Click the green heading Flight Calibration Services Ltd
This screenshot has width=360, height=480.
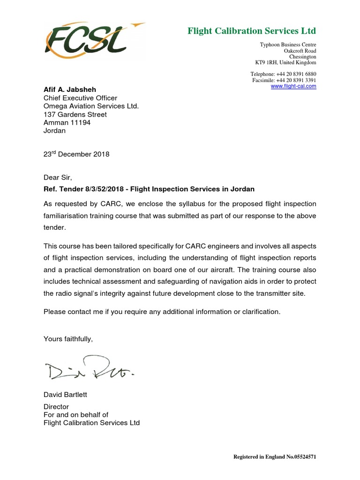click(x=252, y=31)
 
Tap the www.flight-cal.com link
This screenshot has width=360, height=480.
click(x=293, y=86)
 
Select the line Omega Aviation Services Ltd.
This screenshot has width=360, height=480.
click(x=91, y=106)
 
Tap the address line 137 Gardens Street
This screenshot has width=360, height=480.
click(x=75, y=114)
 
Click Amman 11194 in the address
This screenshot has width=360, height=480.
click(x=67, y=123)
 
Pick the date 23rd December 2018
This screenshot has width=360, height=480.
click(x=76, y=154)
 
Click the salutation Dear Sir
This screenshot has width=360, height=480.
click(x=58, y=178)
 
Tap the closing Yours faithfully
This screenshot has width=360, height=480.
click(x=68, y=339)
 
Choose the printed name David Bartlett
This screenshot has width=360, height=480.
click(x=65, y=395)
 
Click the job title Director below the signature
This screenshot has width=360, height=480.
click(x=56, y=407)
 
